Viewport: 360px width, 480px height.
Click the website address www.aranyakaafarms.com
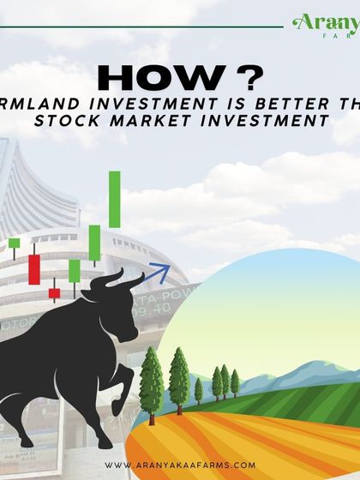pos(180,464)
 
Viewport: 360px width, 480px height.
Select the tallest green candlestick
pos(114,198)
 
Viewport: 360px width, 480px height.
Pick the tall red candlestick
pos(34,267)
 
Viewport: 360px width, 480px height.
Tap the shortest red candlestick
pos(54,293)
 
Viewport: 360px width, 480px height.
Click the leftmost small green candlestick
pos(15,243)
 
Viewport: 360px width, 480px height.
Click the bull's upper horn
pos(129,281)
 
